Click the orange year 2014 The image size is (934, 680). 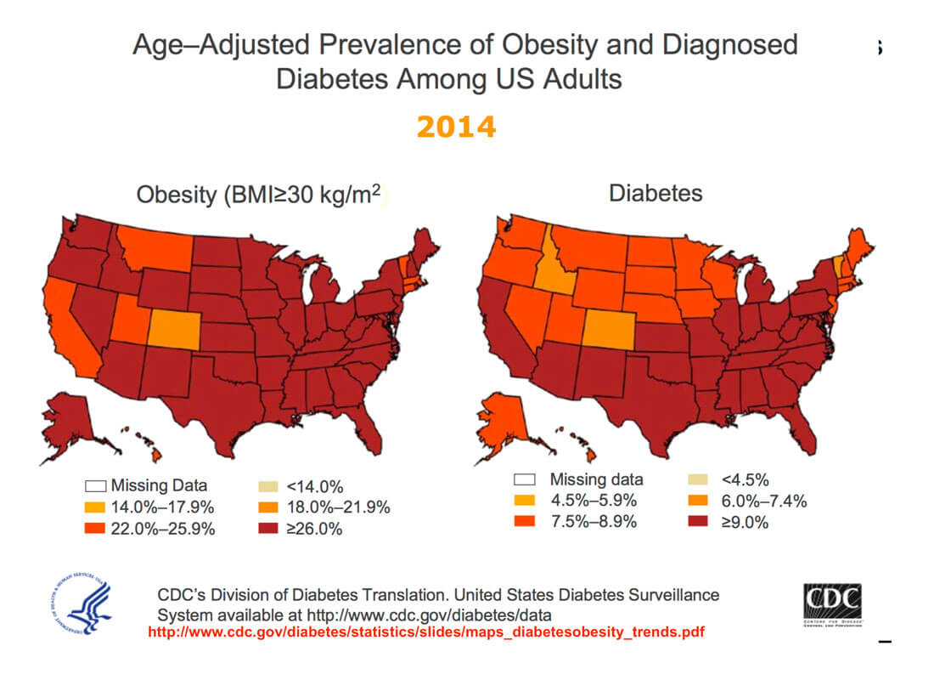[456, 127]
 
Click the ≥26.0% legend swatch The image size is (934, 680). [267, 529]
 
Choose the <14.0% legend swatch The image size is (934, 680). [267, 487]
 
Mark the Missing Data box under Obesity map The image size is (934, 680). [94, 487]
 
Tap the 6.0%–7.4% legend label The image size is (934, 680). [763, 501]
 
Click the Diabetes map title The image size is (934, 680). [655, 193]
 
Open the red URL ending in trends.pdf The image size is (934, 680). [426, 632]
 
